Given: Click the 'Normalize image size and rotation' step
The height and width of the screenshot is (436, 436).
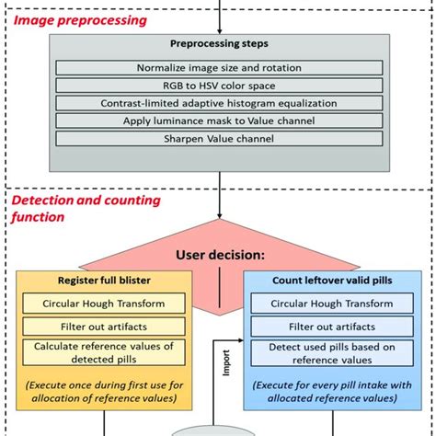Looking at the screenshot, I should pyautogui.click(x=217, y=68).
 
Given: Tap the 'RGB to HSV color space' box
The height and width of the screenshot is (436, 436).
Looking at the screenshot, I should pyautogui.click(x=217, y=86).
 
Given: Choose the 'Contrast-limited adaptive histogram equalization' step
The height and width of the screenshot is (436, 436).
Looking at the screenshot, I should pyautogui.click(x=217, y=103).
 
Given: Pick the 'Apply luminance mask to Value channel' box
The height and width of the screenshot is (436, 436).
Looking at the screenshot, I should pyautogui.click(x=217, y=120).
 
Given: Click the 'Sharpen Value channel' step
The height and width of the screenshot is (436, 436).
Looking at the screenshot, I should pyautogui.click(x=217, y=138).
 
